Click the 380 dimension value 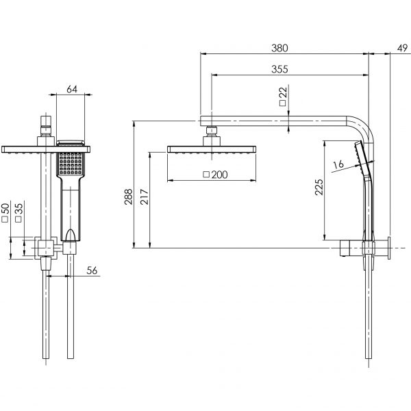(x=279, y=48)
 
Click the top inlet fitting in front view (x=47, y=127)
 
